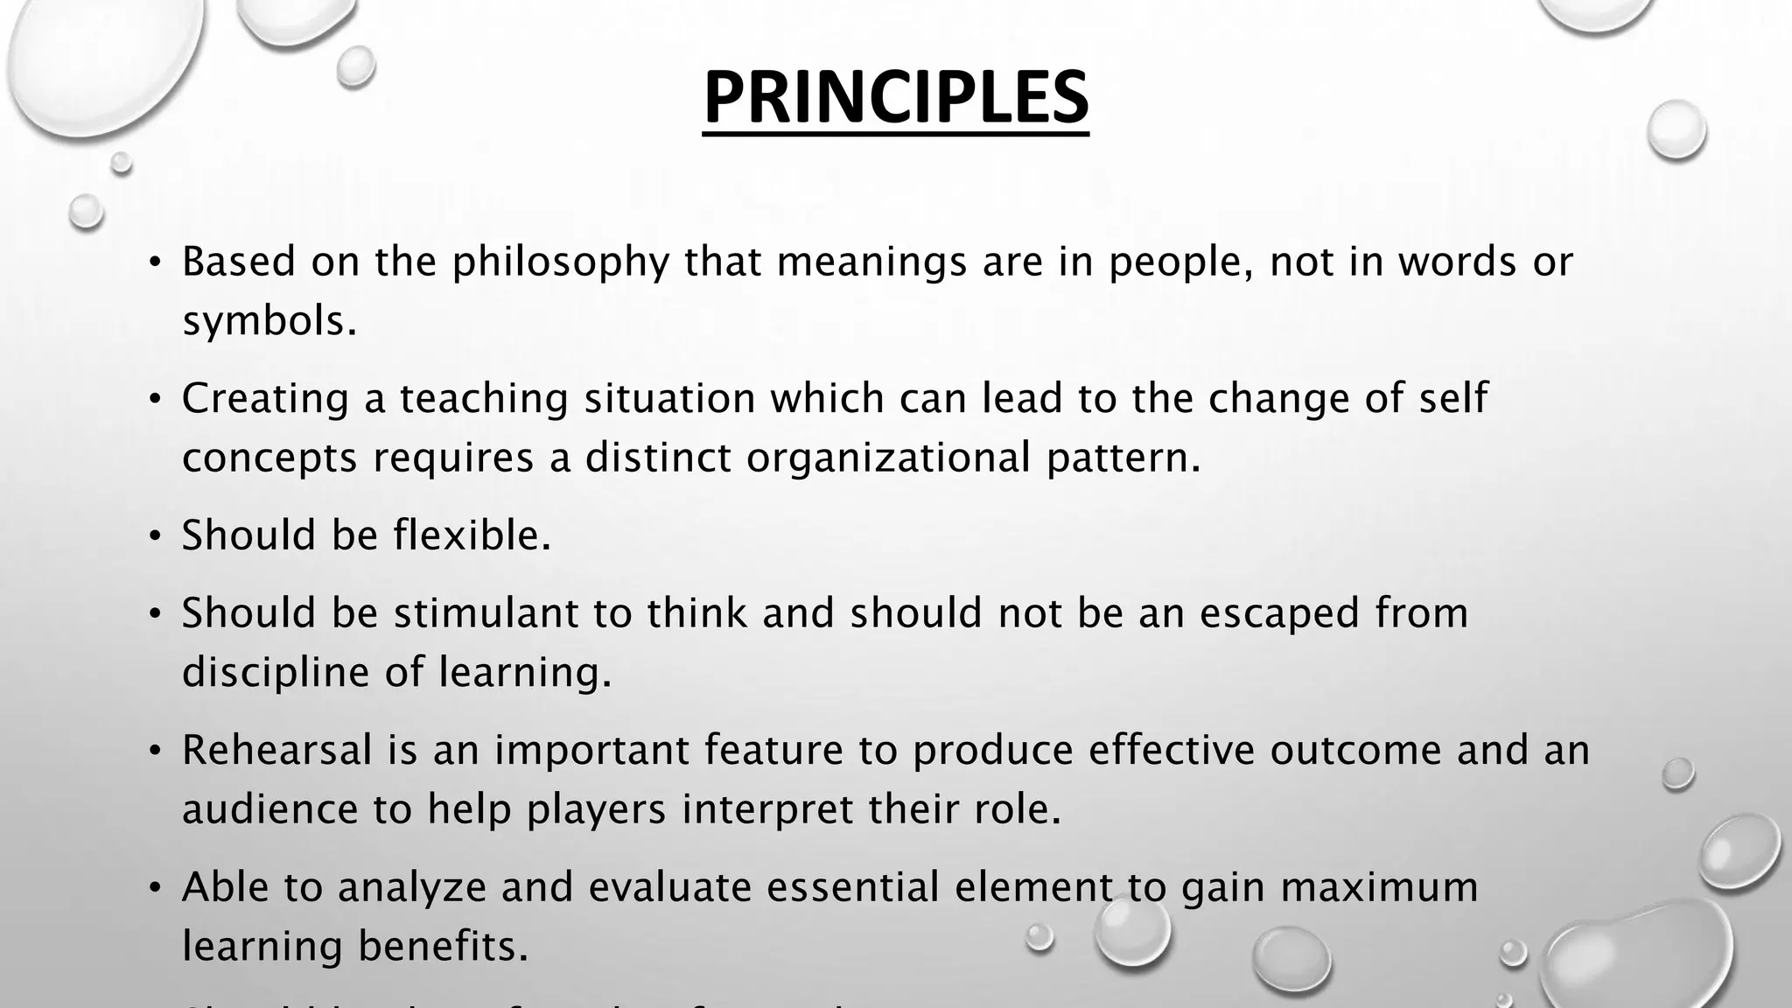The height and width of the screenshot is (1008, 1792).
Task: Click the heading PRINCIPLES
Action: [x=896, y=98]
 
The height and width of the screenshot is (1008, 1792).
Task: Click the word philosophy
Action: [x=560, y=262]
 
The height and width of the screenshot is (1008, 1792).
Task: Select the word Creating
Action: [x=265, y=399]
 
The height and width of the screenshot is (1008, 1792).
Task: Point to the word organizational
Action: [x=888, y=458]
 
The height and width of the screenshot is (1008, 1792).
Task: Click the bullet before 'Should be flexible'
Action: [x=155, y=535]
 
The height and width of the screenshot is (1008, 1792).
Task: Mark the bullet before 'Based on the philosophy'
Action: [x=155, y=262]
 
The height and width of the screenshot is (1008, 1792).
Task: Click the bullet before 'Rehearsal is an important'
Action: [x=155, y=751]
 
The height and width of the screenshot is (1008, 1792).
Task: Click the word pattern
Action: [x=1123, y=458]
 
